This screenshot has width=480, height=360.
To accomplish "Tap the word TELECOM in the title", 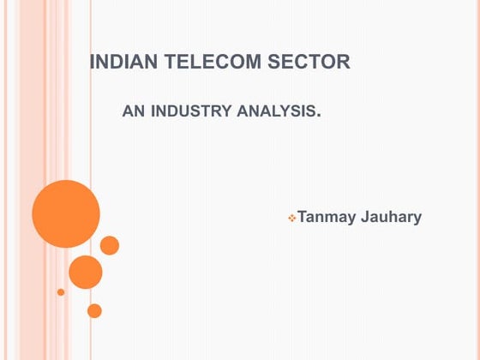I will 207,63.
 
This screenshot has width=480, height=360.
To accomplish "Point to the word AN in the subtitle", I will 134,111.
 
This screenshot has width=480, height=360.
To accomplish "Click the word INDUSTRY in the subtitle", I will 189,111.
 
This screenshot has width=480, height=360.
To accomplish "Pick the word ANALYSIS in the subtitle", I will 273,111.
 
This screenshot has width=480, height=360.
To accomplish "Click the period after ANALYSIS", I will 319,113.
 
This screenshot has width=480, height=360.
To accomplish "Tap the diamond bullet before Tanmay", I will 291,219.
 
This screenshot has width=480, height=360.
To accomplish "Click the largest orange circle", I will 66,214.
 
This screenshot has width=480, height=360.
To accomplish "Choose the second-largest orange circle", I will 86,272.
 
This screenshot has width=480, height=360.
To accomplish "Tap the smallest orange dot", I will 61,292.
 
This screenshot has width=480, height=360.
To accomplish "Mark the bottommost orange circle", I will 94,310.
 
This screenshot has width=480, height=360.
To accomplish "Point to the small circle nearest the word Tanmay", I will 110,245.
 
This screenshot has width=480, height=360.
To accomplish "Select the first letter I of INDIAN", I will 93,63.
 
